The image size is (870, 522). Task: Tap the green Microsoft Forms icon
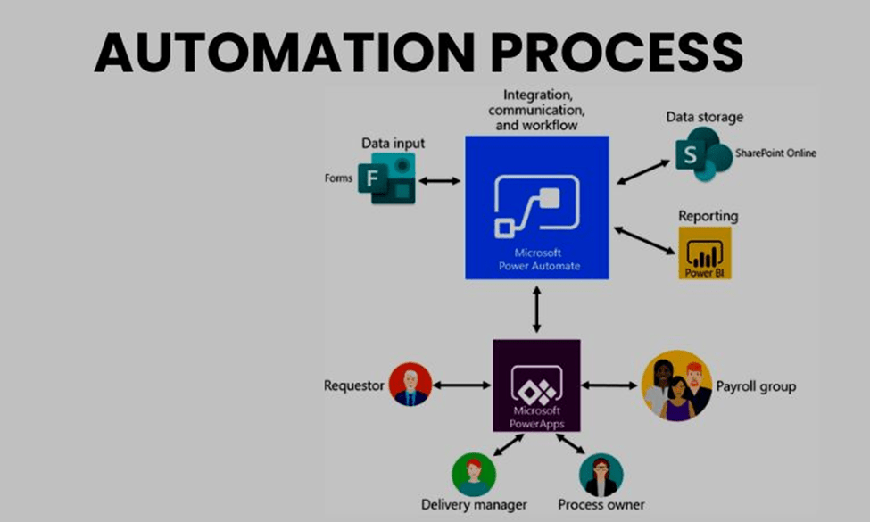tap(386, 179)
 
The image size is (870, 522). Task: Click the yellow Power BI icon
tap(704, 253)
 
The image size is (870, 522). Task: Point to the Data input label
tap(393, 143)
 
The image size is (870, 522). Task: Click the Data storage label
tap(704, 117)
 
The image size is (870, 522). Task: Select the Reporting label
tap(708, 216)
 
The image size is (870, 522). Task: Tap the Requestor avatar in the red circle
tap(410, 385)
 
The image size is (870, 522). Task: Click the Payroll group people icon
tap(676, 385)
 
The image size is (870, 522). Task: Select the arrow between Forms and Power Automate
tap(439, 180)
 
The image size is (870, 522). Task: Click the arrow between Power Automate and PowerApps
tap(536, 311)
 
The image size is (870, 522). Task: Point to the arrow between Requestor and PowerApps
tap(463, 385)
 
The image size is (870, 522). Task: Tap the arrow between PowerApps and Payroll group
tap(610, 385)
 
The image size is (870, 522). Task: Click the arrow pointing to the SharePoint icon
tap(643, 171)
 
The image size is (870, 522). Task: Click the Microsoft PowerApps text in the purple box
tap(536, 416)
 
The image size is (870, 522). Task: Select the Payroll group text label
tap(756, 386)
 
